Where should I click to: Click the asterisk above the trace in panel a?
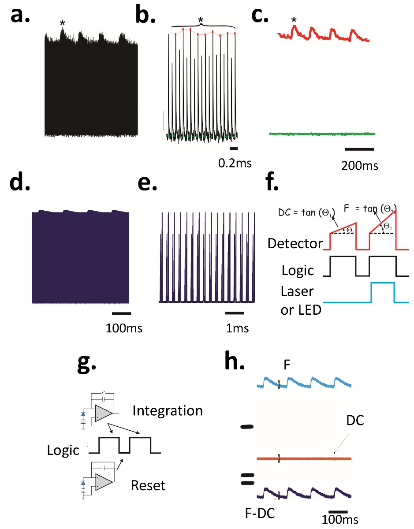63,23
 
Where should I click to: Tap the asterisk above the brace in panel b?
201,20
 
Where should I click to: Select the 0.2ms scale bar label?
235,164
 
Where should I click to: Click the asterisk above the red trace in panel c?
293,20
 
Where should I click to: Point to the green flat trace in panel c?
322,133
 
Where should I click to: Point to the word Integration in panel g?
168,411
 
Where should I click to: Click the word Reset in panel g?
148,486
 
